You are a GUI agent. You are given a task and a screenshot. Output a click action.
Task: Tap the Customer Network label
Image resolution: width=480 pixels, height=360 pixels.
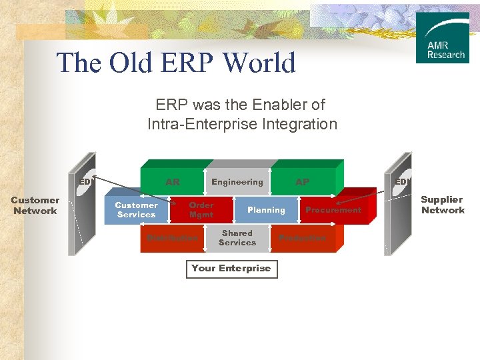click(35, 205)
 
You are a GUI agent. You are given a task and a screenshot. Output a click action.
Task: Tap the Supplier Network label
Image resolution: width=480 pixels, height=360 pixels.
click(442, 205)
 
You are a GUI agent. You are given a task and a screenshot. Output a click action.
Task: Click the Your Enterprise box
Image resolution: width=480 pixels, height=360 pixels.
click(231, 269)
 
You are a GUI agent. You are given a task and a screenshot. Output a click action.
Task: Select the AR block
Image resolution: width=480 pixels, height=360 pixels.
click(173, 182)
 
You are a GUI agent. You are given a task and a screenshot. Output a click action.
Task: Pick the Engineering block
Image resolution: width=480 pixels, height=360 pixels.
click(237, 182)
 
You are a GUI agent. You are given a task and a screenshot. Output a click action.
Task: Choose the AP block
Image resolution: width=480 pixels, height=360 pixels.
click(303, 182)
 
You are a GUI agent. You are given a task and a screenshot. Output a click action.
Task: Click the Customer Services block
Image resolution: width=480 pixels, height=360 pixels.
click(136, 210)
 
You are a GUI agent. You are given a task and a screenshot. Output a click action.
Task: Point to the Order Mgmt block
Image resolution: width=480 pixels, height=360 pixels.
click(201, 210)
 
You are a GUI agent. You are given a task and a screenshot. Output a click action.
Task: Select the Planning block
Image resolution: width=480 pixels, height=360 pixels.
click(266, 210)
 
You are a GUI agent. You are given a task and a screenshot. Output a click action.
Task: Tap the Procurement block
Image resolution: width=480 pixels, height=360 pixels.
click(333, 210)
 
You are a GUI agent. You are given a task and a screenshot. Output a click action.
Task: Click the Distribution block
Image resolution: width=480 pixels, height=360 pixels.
click(172, 238)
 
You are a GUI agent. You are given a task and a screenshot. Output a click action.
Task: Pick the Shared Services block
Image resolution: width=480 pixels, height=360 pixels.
click(237, 238)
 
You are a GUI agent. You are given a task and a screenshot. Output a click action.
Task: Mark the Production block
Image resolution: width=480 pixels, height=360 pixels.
click(303, 238)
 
